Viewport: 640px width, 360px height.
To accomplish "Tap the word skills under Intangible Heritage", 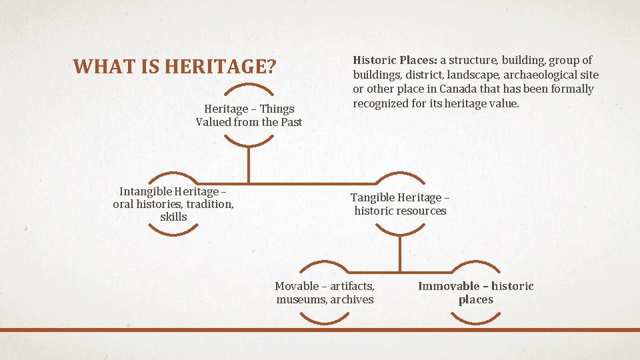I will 173,217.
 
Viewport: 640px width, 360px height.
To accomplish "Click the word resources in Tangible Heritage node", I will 419,211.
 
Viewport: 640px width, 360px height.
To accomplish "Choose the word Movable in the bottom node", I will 297,286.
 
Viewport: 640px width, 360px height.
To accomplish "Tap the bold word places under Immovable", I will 476,299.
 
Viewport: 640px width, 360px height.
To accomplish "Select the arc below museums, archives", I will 325,321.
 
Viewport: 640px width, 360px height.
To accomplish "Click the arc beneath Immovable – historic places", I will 476,321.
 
